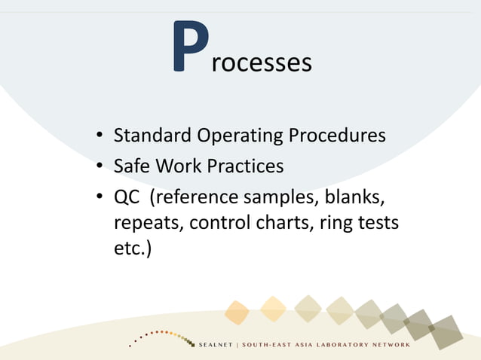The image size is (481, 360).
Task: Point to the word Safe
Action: click(130, 165)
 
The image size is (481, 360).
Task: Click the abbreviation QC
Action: click(125, 196)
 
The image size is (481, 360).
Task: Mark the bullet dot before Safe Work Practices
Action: click(100, 166)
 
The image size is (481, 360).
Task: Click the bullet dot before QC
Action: click(100, 196)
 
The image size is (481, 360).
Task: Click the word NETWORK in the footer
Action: click(388, 345)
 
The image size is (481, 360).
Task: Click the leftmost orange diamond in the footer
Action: click(237, 311)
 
